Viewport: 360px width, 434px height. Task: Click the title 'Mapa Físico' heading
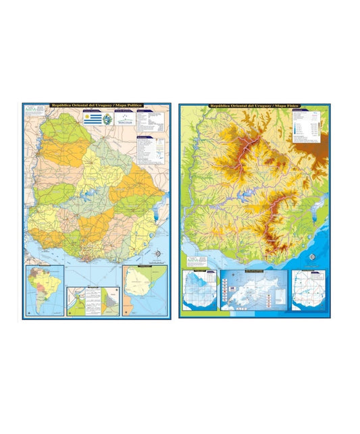click(255, 106)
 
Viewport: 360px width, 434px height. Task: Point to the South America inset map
click(44, 290)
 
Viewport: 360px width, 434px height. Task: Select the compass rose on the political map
click(158, 254)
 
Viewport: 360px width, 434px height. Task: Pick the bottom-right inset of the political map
click(143, 289)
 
